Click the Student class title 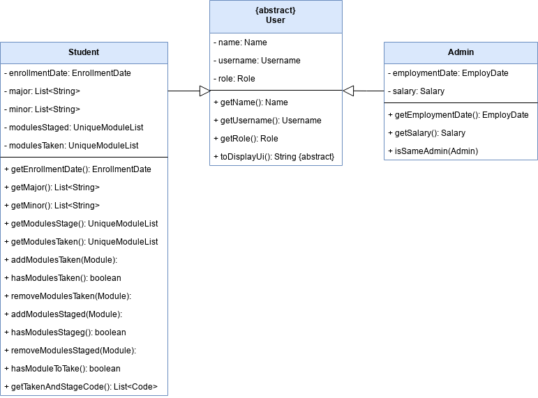click(x=84, y=52)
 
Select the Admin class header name click(x=461, y=52)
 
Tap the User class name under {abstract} click(x=276, y=20)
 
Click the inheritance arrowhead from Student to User click(x=205, y=91)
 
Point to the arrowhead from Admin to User click(x=348, y=91)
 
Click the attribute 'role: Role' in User click(x=234, y=79)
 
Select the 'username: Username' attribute click(x=257, y=61)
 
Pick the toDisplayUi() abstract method click(x=274, y=157)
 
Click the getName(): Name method click(x=251, y=102)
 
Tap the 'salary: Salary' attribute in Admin click(x=416, y=91)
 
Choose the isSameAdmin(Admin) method click(x=433, y=151)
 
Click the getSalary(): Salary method click(x=426, y=133)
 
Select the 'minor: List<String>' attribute click(x=42, y=109)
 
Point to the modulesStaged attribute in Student click(x=74, y=128)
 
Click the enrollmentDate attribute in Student click(x=68, y=73)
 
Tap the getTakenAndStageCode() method click(x=81, y=387)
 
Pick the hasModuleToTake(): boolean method click(x=62, y=369)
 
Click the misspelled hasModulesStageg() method click(x=65, y=332)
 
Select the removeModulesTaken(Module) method click(x=68, y=296)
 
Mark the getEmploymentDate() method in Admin click(x=458, y=115)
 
